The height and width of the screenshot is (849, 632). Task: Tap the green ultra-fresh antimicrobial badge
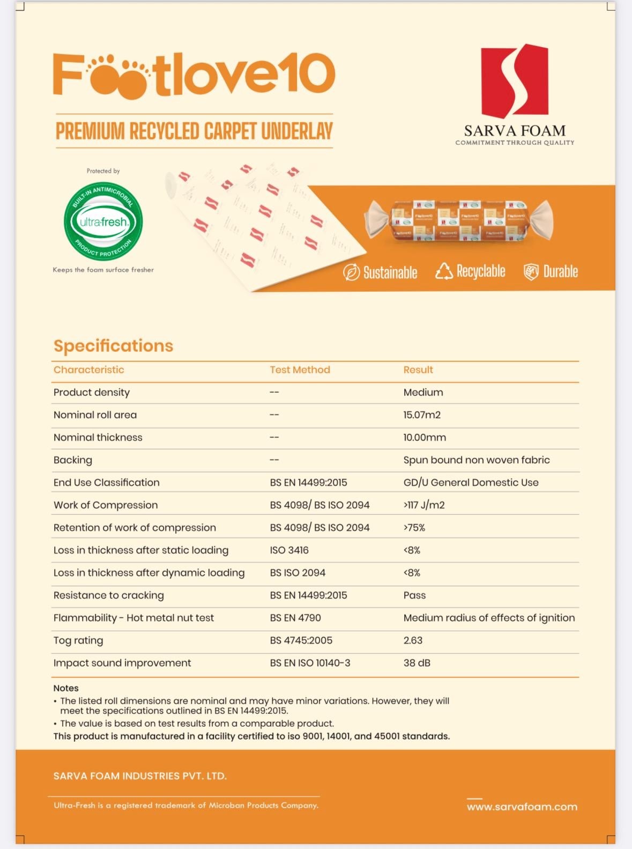[x=103, y=222]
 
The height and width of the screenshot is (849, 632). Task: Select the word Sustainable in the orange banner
[x=390, y=272]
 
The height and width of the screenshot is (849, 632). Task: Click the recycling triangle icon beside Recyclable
[x=444, y=271]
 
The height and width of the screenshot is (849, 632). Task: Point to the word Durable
[x=560, y=271]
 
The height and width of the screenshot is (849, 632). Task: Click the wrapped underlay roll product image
[x=458, y=220]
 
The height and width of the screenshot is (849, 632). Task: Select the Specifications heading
[x=113, y=345]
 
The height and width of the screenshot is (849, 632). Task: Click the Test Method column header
[x=300, y=370]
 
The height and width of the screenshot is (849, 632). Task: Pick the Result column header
[x=418, y=370]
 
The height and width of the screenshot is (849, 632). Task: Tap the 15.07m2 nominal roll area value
[x=422, y=415]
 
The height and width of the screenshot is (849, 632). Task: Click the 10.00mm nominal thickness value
[x=425, y=437]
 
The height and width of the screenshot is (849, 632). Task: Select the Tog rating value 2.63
[x=413, y=640]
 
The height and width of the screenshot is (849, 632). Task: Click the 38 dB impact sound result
[x=417, y=663]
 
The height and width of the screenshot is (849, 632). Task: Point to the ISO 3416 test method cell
[x=289, y=550]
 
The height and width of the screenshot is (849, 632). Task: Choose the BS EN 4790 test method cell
[x=295, y=618]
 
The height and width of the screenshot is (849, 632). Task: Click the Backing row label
[x=73, y=460]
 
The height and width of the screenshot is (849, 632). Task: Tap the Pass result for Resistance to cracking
[x=414, y=595]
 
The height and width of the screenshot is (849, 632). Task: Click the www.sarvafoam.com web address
[x=522, y=807]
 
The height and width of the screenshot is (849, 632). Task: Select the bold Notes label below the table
[x=66, y=688]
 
